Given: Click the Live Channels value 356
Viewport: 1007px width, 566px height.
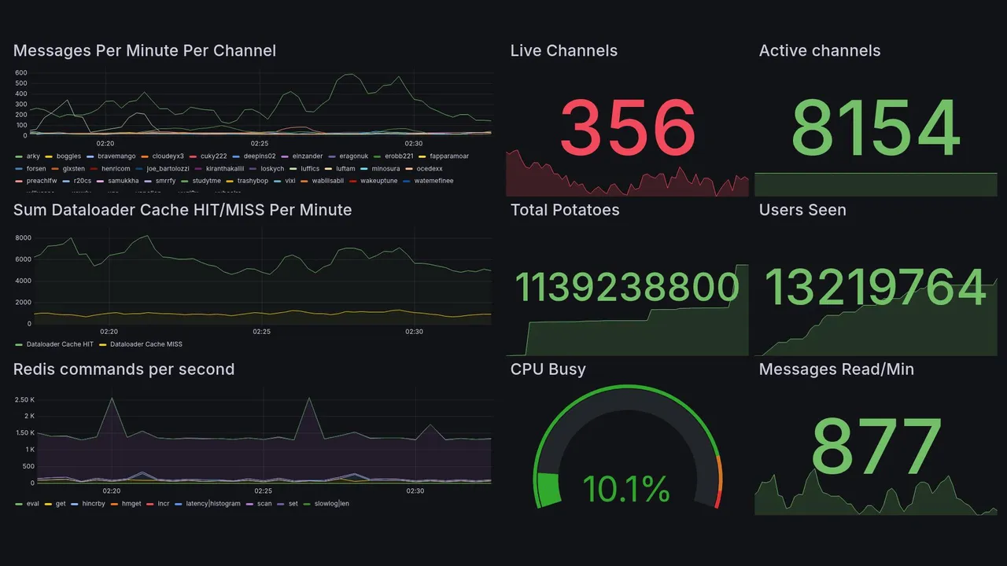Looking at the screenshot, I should pyautogui.click(x=627, y=127).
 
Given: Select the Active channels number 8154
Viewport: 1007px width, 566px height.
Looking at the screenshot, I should pyautogui.click(x=876, y=127).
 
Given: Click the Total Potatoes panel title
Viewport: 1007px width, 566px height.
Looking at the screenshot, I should pyautogui.click(x=564, y=210).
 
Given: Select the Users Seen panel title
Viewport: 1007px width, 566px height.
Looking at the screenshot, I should pyautogui.click(x=802, y=210).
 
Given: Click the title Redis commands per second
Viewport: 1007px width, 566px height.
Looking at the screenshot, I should pyautogui.click(x=124, y=369).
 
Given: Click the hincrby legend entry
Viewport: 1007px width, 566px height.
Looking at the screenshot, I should pyautogui.click(x=93, y=503).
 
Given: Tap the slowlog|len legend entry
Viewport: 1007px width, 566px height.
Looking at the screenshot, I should pyautogui.click(x=331, y=503).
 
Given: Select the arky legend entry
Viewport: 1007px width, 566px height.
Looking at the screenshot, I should pyautogui.click(x=32, y=156).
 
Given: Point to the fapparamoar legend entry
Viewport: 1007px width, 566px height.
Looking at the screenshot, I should pyautogui.click(x=448, y=156).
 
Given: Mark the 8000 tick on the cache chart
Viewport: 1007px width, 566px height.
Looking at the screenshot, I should pyautogui.click(x=23, y=238).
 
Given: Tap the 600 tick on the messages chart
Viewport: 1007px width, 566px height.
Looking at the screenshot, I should pyautogui.click(x=21, y=73).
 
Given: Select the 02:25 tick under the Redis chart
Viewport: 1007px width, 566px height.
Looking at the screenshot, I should pyautogui.click(x=263, y=491).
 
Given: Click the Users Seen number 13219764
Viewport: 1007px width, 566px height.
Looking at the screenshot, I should pyautogui.click(x=876, y=288).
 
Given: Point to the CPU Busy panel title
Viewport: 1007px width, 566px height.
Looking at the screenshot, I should pyautogui.click(x=548, y=369).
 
